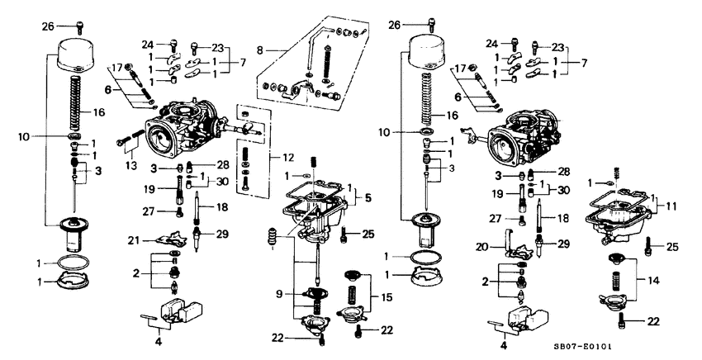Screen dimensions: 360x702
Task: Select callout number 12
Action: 287,157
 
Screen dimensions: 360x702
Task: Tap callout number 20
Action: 481,246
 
